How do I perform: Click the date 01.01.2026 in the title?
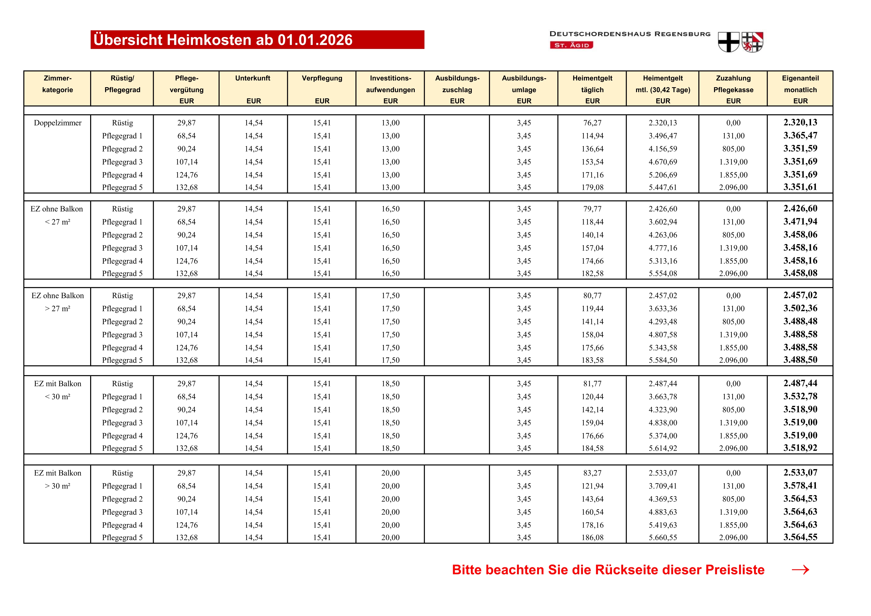[315, 40]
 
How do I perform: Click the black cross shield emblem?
[728, 42]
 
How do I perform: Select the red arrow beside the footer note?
[800, 570]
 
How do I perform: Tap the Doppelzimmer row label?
[58, 123]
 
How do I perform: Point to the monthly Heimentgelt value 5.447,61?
[662, 187]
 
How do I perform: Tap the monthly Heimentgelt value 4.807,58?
[662, 335]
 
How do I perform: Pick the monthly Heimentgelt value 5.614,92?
[662, 448]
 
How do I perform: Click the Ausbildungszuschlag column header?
[457, 89]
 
